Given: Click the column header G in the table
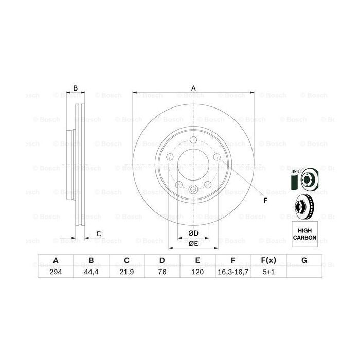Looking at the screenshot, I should point(304,260).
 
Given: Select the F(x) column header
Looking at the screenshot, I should point(268,260).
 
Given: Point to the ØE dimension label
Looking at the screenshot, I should point(193,244).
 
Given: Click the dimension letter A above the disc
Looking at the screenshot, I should point(193,88).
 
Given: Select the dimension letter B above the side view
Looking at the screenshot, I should point(75,88).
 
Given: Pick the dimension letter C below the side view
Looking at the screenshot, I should point(98,235).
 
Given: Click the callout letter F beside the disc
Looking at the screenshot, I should point(265,200).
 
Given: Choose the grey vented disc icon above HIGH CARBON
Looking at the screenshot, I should point(303,206).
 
